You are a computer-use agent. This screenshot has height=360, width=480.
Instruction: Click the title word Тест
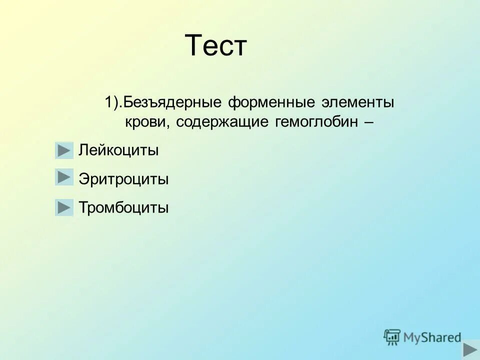point(216,46)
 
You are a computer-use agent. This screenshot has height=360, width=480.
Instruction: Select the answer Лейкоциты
point(118,150)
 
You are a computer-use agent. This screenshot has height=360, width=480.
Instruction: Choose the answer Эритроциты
point(123,179)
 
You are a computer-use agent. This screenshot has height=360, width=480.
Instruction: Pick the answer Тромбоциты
point(123,207)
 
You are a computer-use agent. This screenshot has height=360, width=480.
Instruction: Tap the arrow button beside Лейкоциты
point(64,150)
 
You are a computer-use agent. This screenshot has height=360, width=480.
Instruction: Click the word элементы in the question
point(358,103)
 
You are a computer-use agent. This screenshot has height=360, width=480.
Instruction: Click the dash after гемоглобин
point(368,122)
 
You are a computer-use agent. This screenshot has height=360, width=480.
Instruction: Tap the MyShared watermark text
point(432,337)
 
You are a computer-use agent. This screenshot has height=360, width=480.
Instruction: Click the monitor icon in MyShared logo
point(392,337)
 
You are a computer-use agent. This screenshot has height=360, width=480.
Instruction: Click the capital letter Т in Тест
point(193,46)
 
